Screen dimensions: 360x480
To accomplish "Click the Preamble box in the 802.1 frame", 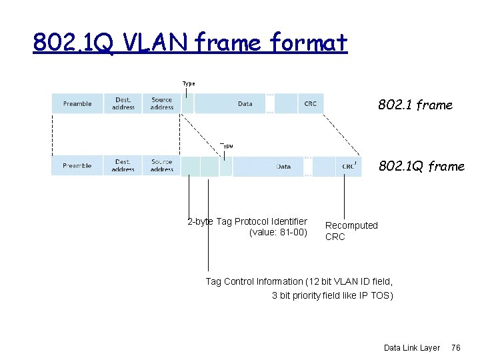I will pyautogui.click(x=77, y=103).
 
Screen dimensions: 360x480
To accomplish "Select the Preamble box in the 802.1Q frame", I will pyautogui.click(x=77, y=165).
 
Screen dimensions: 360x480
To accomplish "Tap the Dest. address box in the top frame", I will pyautogui.click(x=123, y=103).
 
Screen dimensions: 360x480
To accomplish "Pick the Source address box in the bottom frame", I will pyautogui.click(x=161, y=165).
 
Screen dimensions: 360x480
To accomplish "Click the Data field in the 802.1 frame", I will pyautogui.click(x=245, y=103).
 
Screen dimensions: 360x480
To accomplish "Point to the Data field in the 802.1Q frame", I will pyautogui.click(x=283, y=166).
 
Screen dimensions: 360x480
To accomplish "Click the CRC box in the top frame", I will pyautogui.click(x=310, y=103).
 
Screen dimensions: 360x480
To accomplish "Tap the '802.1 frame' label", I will pyautogui.click(x=415, y=105).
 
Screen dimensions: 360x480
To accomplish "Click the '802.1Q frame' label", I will pyautogui.click(x=421, y=166).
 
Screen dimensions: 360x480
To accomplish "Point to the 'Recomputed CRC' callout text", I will pyautogui.click(x=351, y=231).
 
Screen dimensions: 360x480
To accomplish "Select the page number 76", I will pyautogui.click(x=456, y=347).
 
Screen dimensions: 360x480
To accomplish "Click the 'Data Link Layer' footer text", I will pyautogui.click(x=411, y=347).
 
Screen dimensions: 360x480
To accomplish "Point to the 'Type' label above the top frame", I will pyautogui.click(x=189, y=83).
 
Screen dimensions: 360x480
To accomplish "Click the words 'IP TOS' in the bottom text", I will pyautogui.click(x=374, y=295).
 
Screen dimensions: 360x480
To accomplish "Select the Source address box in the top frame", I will pyautogui.click(x=161, y=103).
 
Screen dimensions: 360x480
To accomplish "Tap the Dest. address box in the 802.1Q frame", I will pyautogui.click(x=123, y=165).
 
